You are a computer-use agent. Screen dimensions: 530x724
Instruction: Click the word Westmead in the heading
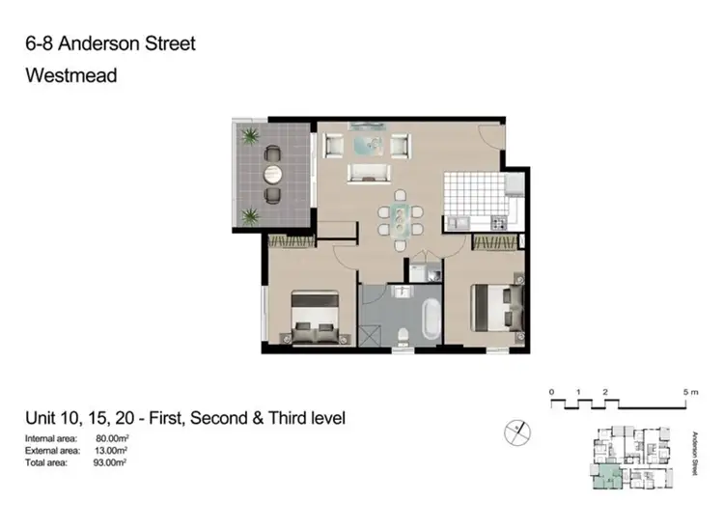[70, 74]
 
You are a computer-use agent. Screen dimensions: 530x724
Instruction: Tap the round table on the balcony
[273, 174]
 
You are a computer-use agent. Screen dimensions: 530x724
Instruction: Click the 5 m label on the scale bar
[688, 392]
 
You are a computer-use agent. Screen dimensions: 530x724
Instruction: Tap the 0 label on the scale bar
[551, 392]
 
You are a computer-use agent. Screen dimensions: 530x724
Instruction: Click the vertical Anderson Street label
[695, 452]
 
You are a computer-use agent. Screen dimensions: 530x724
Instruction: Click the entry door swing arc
[491, 138]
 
